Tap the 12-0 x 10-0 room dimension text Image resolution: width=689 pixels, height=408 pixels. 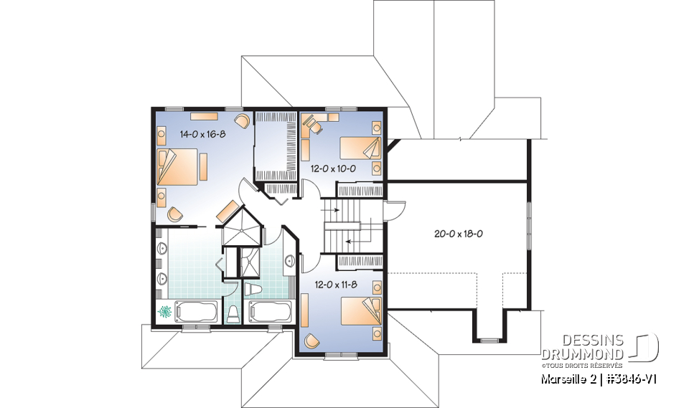333,169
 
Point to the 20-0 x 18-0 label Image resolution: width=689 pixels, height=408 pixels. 458,233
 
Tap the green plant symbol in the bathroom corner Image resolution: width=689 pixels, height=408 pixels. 165,312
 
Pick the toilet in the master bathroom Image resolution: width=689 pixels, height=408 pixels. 232,313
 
